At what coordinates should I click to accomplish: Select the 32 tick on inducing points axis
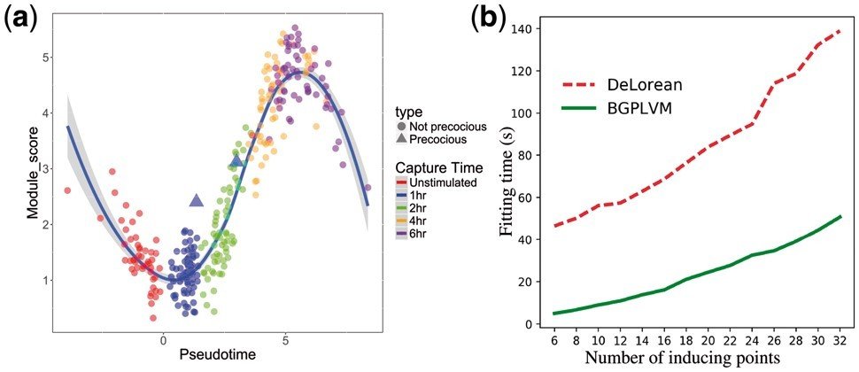[x=839, y=339]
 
